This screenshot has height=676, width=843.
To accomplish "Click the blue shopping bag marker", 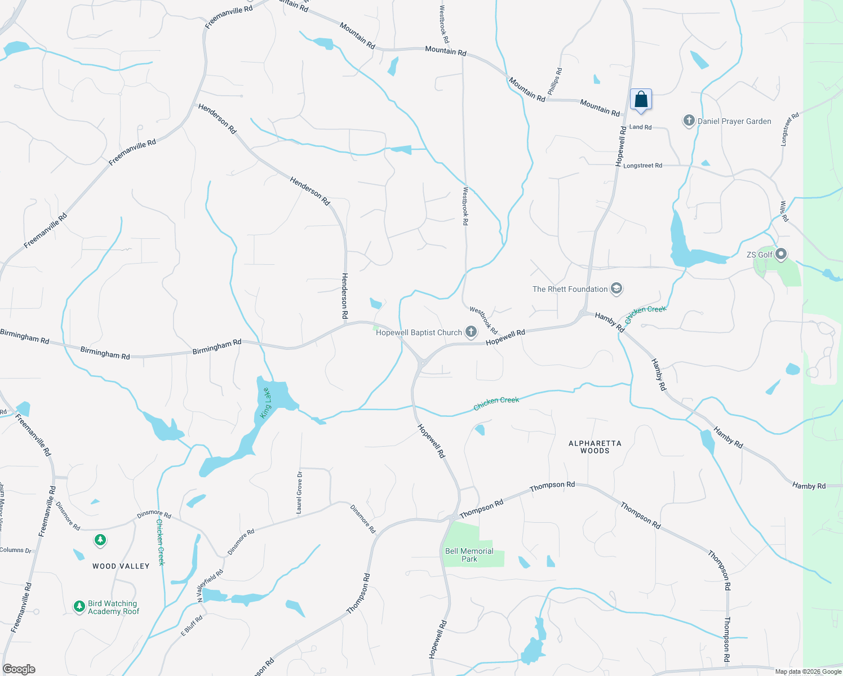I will tap(641, 100).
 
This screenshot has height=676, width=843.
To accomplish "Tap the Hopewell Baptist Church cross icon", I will tap(471, 332).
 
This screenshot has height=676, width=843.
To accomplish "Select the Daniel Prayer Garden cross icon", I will tap(689, 121).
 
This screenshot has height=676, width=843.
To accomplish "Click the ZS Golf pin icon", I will tap(781, 255).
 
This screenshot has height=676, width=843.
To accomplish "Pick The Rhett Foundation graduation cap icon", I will tap(616, 289).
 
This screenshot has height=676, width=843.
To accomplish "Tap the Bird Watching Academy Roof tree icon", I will tap(79, 607).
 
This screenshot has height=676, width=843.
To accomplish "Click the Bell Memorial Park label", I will tap(469, 555).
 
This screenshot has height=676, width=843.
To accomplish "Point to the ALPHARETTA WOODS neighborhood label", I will tap(594, 447).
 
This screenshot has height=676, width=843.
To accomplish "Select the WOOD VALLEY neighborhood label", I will tap(121, 566).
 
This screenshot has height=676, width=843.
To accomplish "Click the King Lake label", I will tap(265, 403).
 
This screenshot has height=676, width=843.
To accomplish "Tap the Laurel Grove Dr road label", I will tap(299, 492).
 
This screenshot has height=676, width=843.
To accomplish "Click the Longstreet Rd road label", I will tap(642, 166).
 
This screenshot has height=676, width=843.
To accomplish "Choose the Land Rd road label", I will tap(640, 127).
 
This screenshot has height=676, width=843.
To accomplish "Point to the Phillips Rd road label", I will tap(554, 81).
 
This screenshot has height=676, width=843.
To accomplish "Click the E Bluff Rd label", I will tap(192, 625).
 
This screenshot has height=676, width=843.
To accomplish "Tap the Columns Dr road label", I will tap(16, 550).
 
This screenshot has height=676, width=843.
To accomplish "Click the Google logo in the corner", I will tap(19, 669).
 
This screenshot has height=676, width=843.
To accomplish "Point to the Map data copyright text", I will tap(808, 671).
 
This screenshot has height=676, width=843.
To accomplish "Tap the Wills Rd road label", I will tap(784, 211).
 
